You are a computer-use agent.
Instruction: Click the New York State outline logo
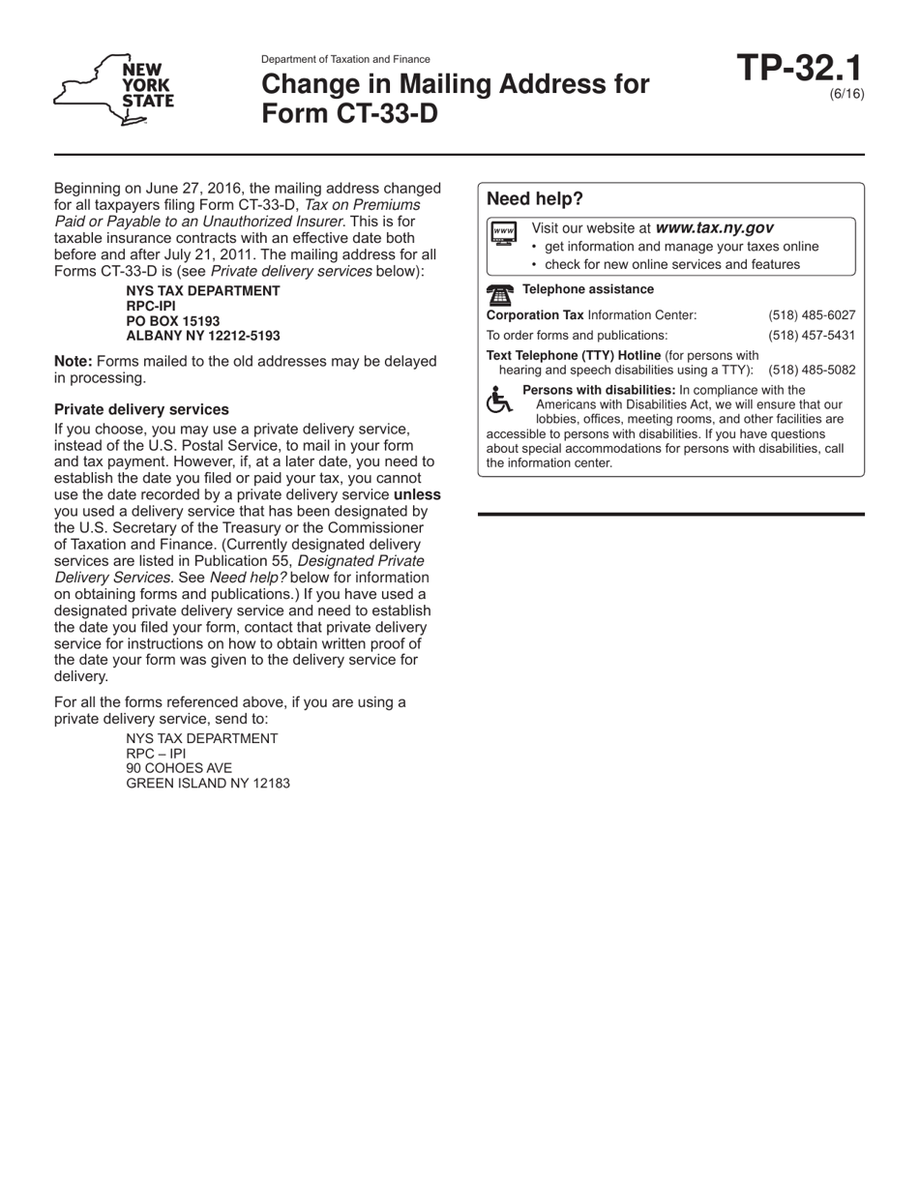click(114, 90)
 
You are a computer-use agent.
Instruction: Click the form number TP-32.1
click(799, 69)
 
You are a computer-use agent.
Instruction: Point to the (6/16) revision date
click(846, 94)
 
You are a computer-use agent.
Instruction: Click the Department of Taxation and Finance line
click(345, 59)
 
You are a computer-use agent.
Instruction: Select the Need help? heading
click(535, 199)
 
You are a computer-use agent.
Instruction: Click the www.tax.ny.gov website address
click(714, 228)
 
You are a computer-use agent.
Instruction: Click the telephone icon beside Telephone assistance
click(500, 294)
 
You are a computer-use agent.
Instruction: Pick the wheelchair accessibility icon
click(499, 400)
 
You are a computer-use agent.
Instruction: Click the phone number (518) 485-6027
click(812, 315)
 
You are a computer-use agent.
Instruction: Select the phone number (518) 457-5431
click(812, 335)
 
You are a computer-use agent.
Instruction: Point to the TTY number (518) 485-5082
click(812, 370)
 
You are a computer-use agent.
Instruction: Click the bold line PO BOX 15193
click(173, 321)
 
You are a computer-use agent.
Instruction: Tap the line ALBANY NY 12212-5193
click(203, 336)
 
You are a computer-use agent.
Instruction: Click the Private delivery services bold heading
click(141, 409)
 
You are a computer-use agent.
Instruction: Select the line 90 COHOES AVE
click(179, 768)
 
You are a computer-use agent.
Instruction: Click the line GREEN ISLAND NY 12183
click(208, 783)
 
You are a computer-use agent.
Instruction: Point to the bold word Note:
click(74, 361)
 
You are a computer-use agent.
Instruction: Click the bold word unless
click(417, 494)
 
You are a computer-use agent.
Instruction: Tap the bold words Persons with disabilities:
click(599, 390)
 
